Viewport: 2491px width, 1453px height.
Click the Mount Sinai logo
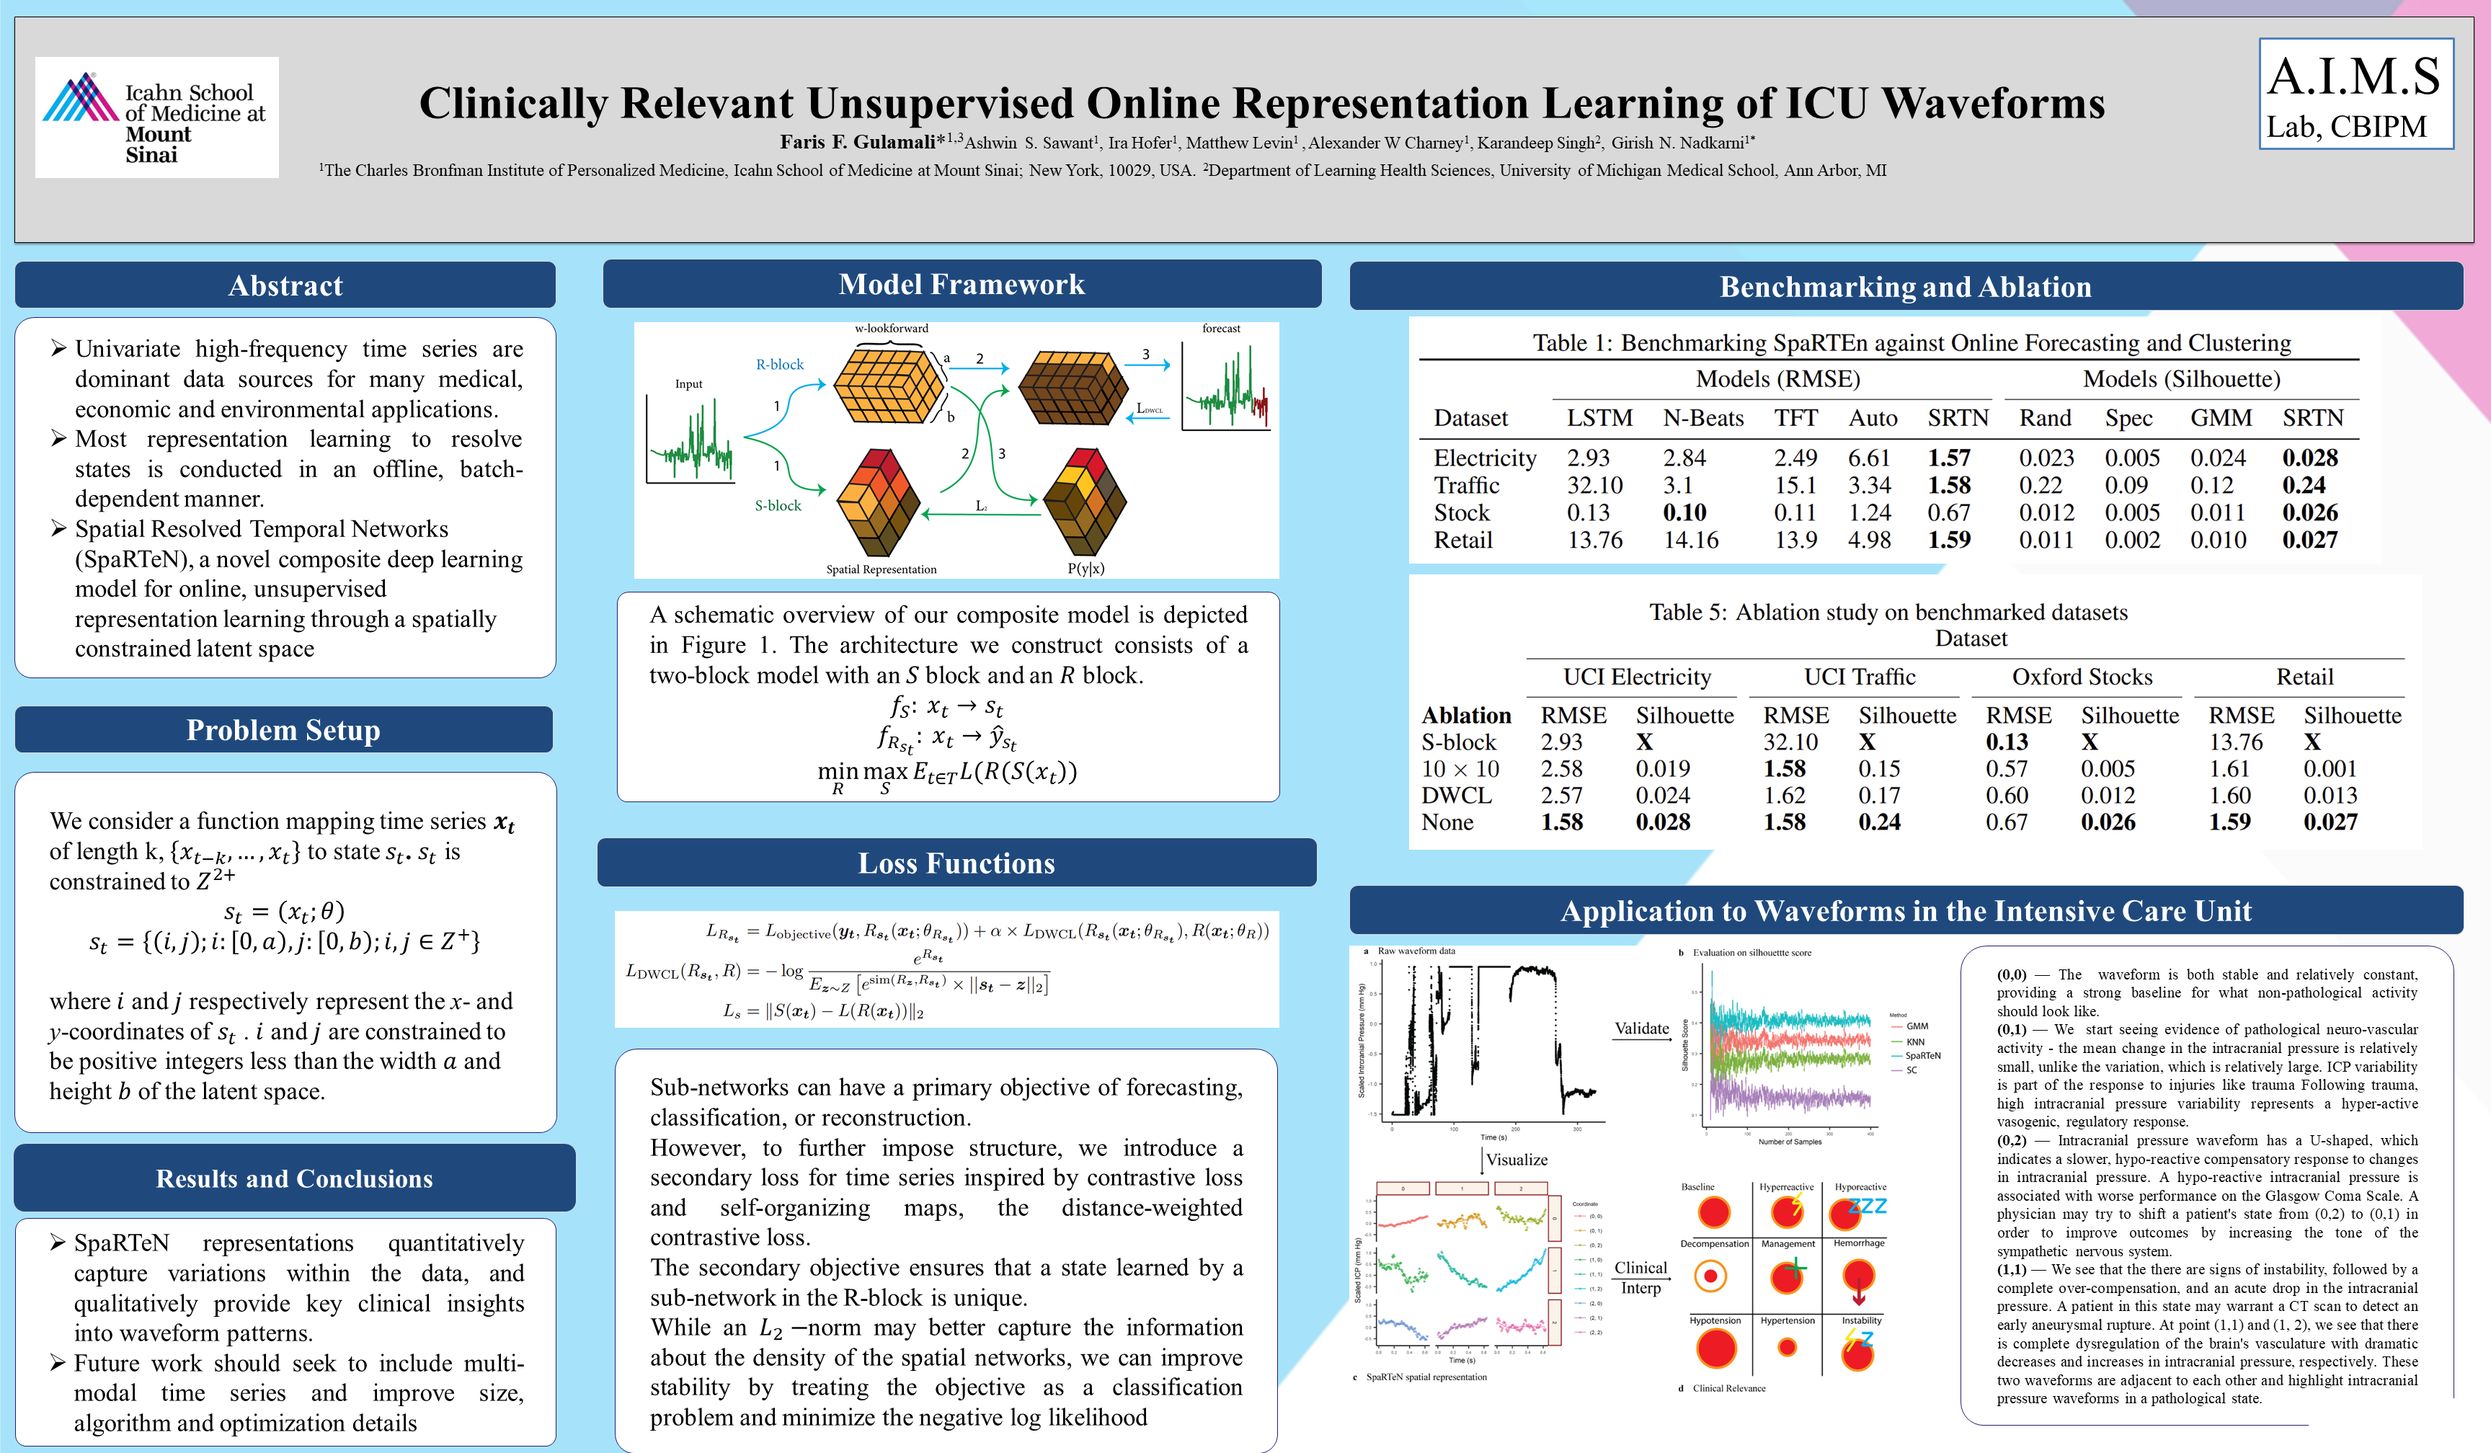[156, 117]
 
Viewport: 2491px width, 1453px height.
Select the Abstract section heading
[285, 285]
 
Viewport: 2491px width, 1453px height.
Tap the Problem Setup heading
[284, 729]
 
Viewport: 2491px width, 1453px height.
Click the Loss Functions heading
[956, 863]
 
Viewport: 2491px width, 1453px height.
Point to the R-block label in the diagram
[780, 364]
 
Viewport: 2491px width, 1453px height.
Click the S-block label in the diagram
[778, 505]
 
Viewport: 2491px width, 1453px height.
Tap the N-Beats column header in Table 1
[1702, 418]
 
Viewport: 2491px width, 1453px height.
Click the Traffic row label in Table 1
[1466, 485]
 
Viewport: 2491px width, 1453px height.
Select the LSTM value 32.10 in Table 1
[1594, 485]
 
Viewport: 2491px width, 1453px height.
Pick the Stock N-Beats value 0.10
[1684, 512]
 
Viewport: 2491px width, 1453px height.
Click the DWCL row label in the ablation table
[1449, 795]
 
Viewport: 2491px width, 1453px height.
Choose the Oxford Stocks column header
[2082, 676]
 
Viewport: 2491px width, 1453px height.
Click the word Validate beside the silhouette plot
[1641, 1028]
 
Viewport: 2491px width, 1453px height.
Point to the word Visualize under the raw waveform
[1517, 1160]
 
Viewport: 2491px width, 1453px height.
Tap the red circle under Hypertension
[1788, 1347]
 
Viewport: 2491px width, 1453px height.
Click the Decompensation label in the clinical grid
[1714, 1243]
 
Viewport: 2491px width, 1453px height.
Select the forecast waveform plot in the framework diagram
[1225, 388]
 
